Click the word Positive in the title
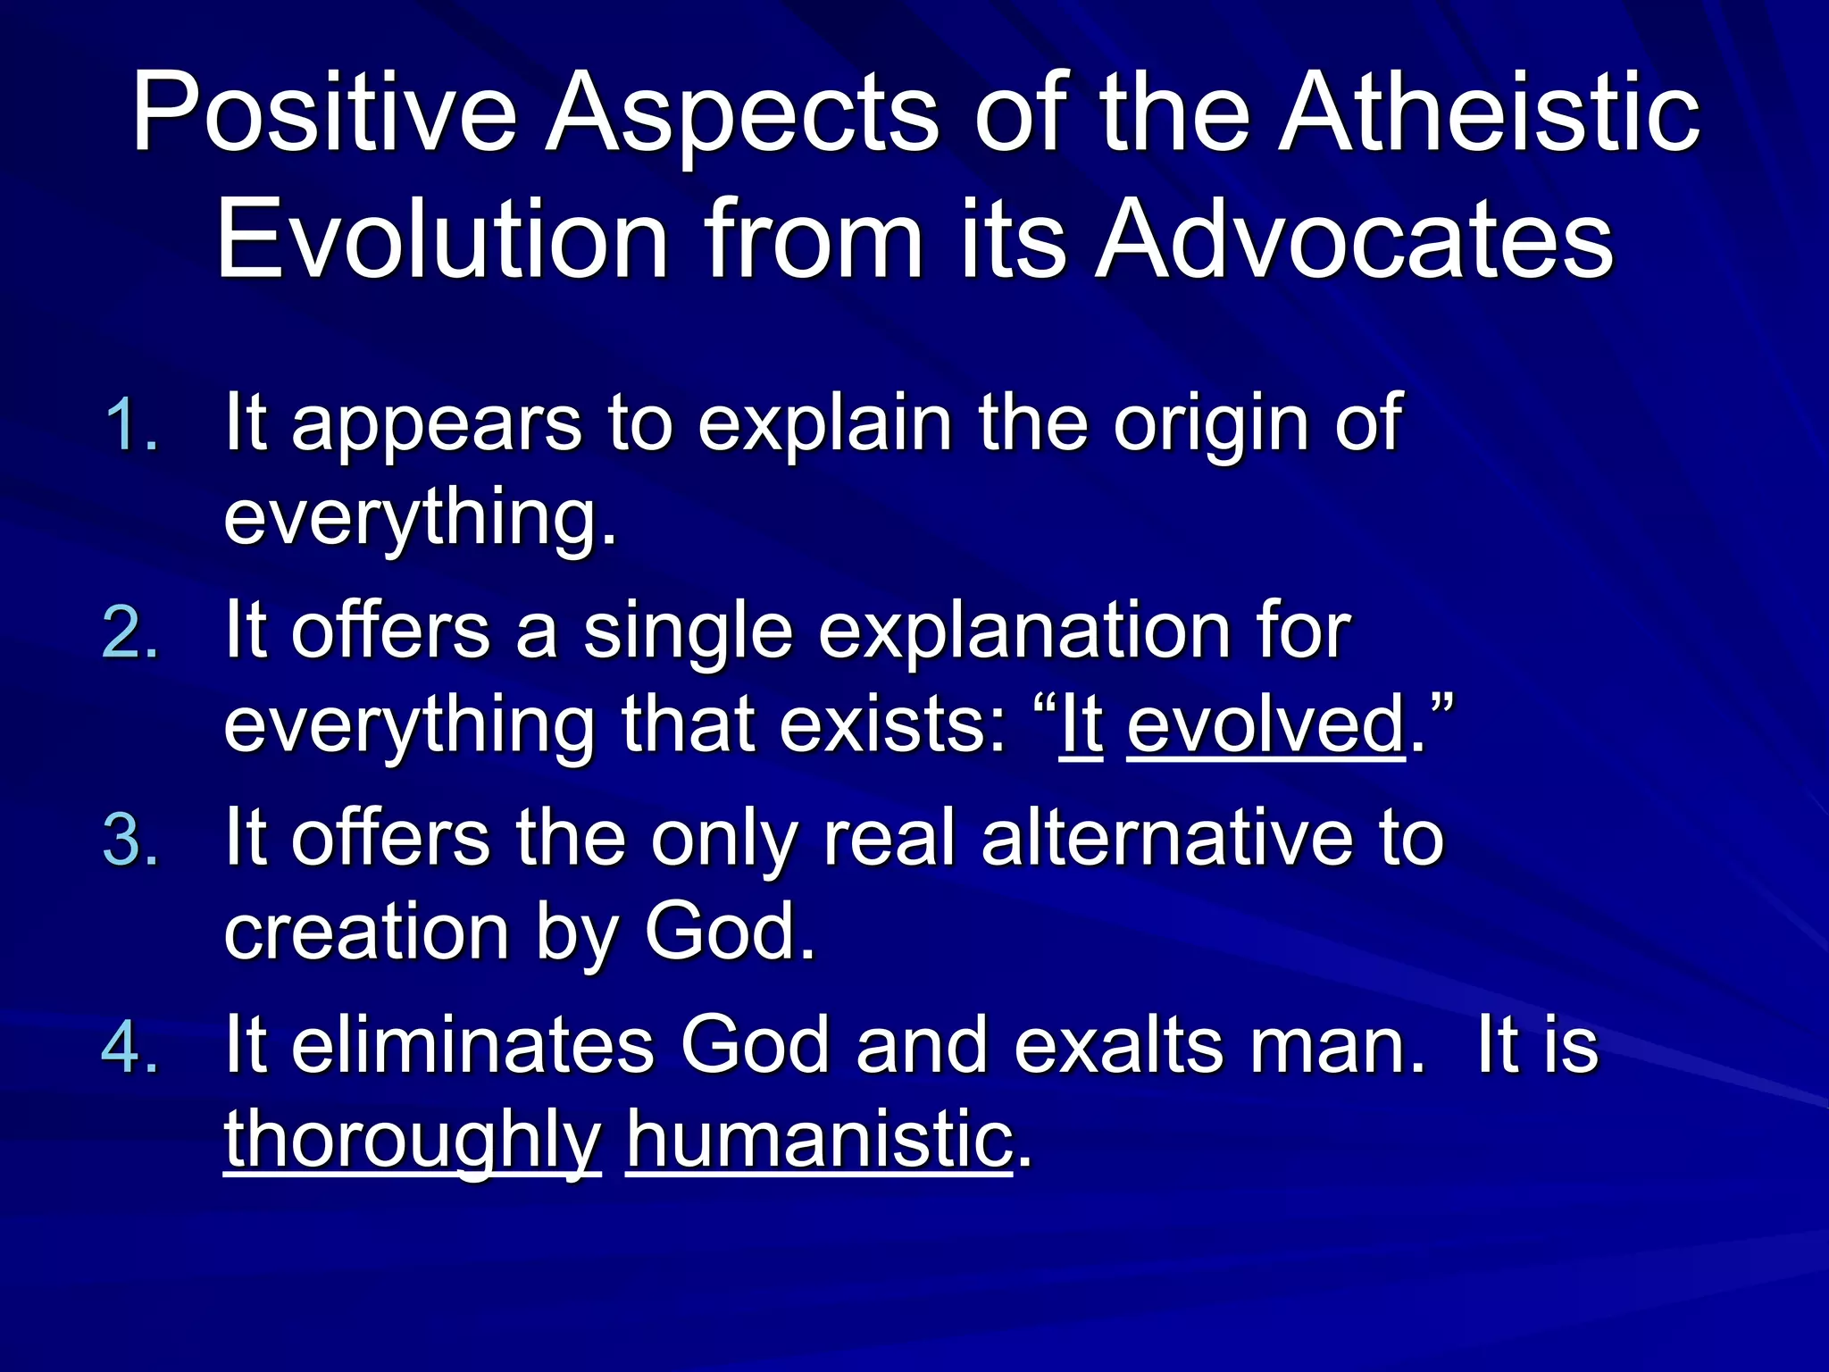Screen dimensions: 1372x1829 coord(324,116)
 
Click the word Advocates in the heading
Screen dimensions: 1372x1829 coord(1355,239)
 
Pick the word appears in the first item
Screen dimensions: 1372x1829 coord(438,424)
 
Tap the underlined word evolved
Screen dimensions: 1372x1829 coord(1266,724)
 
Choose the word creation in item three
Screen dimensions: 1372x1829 coord(368,932)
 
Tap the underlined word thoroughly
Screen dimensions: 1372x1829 coord(412,1141)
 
